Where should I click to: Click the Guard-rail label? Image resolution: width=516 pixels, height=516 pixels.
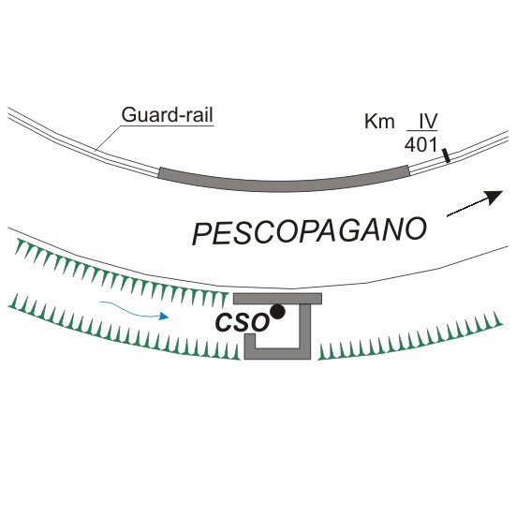point(168,115)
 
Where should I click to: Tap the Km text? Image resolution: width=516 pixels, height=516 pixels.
point(379,122)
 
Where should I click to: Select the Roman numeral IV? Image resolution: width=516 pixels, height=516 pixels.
point(428,121)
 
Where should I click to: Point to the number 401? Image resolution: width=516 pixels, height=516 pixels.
point(421,144)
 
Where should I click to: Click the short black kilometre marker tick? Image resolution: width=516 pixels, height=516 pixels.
point(447,155)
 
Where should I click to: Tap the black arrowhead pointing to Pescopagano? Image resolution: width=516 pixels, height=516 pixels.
point(494,197)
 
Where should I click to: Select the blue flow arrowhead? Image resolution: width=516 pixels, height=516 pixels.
point(164,317)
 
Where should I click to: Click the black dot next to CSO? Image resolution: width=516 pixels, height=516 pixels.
point(278,311)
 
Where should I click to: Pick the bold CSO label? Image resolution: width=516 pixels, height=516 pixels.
point(243,322)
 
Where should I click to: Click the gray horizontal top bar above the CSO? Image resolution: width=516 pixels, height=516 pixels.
point(277,299)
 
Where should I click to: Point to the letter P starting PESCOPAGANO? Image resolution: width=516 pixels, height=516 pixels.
point(202,233)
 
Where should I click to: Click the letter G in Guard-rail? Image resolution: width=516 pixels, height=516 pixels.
point(128,115)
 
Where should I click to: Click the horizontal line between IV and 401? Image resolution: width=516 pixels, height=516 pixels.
point(422,131)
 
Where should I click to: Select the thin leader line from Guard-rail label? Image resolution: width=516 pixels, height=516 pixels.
point(109,138)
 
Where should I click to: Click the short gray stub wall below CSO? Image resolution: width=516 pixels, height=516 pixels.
point(250,341)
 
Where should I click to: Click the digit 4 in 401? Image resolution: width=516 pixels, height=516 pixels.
point(409,144)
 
